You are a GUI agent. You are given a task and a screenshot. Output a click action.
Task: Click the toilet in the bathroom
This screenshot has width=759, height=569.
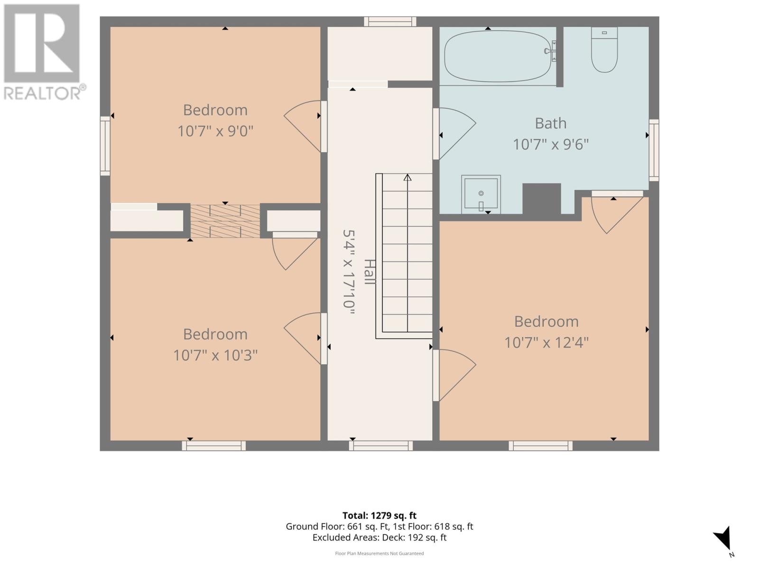[604, 50]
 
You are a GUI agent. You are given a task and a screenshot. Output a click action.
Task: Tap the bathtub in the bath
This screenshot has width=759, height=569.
[498, 56]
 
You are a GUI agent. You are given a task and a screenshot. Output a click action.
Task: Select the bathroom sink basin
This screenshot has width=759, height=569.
[481, 194]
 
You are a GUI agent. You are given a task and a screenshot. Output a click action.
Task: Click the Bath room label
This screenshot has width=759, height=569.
[550, 123]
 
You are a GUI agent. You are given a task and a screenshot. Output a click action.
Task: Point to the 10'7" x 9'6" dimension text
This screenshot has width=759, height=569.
[550, 145]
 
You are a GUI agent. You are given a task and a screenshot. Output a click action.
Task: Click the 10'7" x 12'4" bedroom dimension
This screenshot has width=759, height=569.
[546, 343]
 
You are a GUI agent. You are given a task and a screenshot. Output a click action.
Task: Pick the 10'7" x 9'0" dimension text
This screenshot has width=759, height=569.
[215, 131]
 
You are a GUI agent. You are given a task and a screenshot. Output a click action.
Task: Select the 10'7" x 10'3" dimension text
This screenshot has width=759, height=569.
[215, 355]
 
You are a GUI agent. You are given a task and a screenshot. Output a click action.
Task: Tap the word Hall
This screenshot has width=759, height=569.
[370, 272]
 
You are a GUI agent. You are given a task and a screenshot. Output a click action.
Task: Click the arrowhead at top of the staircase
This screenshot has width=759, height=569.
[407, 177]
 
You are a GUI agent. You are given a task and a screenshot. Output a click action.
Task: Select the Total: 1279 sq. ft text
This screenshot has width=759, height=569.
[379, 515]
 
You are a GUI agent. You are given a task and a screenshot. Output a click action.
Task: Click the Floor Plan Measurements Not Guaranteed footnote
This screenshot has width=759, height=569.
[379, 553]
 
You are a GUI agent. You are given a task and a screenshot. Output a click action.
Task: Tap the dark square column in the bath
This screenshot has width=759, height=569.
[542, 199]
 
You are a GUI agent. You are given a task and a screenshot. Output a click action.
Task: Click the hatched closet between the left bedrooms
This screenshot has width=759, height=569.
[225, 221]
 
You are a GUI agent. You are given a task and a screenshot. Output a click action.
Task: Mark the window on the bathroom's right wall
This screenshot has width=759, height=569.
[654, 150]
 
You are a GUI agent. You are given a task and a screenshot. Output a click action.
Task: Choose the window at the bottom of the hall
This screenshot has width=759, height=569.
[381, 446]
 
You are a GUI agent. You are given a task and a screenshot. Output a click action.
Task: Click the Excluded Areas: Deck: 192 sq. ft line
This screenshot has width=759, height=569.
[379, 538]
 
